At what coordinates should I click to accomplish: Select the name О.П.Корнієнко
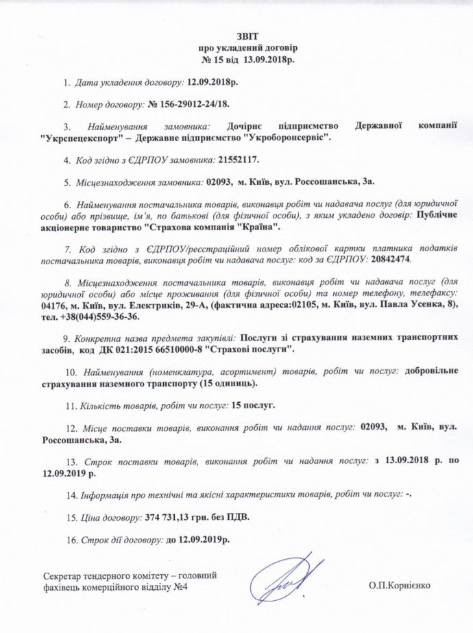[x=400, y=587]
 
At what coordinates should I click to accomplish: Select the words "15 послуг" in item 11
[x=254, y=405]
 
